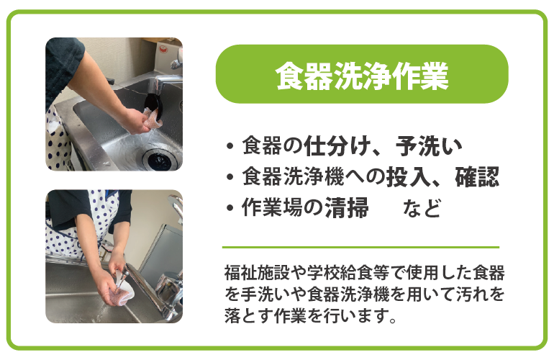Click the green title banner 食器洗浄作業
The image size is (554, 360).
click(x=362, y=74)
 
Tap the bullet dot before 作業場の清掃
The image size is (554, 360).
click(x=230, y=210)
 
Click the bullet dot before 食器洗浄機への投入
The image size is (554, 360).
click(x=230, y=179)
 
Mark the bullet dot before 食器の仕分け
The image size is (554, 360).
click(x=230, y=148)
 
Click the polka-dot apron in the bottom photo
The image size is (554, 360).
click(x=72, y=230)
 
